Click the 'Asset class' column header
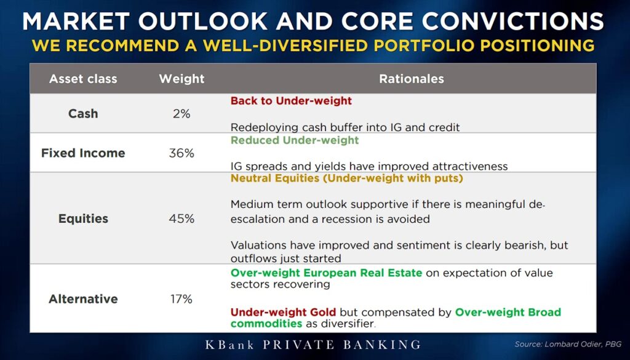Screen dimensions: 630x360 coord(83,79)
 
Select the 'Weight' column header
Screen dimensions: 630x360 coord(181,79)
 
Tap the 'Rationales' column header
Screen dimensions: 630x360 coord(412,79)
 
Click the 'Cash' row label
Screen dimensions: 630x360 coord(83,114)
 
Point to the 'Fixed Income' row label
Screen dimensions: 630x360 coord(83,153)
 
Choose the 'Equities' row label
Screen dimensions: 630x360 coord(83,218)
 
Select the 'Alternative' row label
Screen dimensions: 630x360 coord(83,299)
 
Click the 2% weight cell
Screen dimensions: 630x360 coord(181,114)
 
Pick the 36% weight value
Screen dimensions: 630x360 coord(181,153)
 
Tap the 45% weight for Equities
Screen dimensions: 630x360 coord(181,219)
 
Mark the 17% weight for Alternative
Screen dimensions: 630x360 coord(181,299)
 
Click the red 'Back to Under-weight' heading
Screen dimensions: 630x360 coord(291,101)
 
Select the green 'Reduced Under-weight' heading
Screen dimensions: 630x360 coord(295,140)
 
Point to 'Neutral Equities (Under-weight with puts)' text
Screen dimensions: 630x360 coord(347,178)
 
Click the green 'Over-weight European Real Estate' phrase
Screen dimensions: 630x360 coord(326,273)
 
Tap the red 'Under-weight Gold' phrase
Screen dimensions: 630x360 coord(284,312)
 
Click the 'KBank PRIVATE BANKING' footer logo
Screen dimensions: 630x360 coord(313,345)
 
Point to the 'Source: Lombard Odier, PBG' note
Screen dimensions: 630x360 coord(568,345)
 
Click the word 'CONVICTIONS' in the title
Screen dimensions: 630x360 coord(507,22)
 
